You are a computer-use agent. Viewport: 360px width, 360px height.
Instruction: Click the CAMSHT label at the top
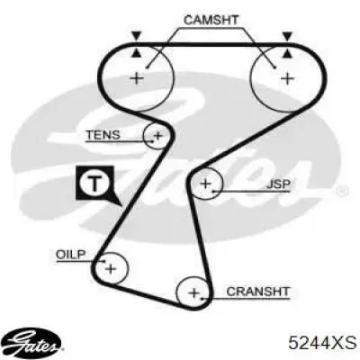pyautogui.click(x=211, y=20)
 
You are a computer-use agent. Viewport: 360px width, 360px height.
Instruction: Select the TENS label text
pyautogui.click(x=103, y=135)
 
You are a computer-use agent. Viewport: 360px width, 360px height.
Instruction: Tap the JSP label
pyautogui.click(x=278, y=184)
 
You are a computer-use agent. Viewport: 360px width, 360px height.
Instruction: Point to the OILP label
pyautogui.click(x=71, y=255)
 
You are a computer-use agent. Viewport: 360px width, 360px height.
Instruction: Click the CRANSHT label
pyautogui.click(x=257, y=292)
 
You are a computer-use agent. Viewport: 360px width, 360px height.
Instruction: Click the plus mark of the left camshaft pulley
pyautogui.click(x=137, y=79)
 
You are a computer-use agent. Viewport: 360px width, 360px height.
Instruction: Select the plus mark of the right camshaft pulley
pyautogui.click(x=288, y=78)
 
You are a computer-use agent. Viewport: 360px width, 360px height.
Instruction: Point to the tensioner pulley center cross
pyautogui.click(x=157, y=136)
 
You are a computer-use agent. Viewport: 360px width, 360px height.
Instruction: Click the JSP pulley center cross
pyautogui.click(x=206, y=184)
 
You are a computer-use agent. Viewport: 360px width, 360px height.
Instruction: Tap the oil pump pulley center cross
pyautogui.click(x=111, y=269)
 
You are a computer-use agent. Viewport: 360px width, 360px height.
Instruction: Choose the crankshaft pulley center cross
pyautogui.click(x=194, y=292)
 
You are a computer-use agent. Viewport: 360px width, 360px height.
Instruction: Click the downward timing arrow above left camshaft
pyautogui.click(x=137, y=36)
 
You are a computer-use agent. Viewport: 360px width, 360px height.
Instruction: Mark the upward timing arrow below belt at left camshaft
pyautogui.click(x=137, y=53)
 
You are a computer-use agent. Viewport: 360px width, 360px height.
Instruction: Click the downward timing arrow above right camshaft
pyautogui.click(x=287, y=36)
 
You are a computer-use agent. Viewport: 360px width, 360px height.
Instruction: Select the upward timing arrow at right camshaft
pyautogui.click(x=287, y=53)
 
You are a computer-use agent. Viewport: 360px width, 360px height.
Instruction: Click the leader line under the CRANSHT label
pyautogui.click(x=247, y=299)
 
